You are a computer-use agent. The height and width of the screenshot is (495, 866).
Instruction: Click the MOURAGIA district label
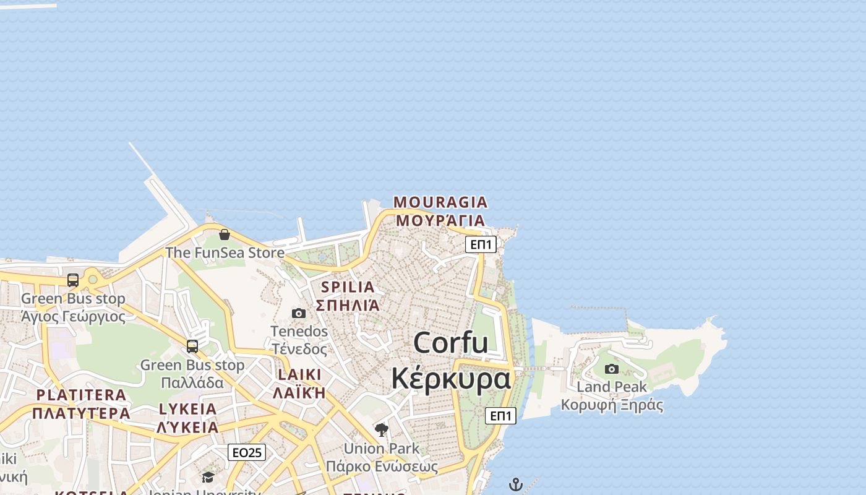440,202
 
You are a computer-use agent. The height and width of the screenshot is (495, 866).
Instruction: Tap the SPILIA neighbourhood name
348,287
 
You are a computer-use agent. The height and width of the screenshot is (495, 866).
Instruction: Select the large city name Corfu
451,343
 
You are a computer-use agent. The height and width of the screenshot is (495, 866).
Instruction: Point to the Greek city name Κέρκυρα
451,378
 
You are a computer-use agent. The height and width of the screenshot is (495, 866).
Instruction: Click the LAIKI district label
300,375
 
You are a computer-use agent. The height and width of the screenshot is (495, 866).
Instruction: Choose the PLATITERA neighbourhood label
81,395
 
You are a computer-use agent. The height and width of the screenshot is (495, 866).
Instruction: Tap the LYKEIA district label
188,409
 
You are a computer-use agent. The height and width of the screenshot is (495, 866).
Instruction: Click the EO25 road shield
247,452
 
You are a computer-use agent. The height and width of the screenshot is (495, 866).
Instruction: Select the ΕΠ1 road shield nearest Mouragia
481,244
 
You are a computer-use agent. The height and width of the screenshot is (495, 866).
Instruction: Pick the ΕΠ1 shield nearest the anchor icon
500,416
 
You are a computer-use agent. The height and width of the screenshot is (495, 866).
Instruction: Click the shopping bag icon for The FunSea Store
225,235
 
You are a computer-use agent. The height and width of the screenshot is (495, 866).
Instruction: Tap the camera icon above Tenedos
299,314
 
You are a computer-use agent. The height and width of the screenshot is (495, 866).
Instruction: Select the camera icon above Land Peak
612,369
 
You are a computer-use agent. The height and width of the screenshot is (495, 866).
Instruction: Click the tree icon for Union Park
382,429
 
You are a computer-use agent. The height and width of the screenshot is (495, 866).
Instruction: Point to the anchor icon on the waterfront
516,484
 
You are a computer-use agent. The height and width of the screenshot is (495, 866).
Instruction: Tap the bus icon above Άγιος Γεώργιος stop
73,280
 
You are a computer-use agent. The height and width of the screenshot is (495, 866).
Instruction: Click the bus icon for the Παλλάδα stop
192,346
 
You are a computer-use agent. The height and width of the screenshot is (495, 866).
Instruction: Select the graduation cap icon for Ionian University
208,477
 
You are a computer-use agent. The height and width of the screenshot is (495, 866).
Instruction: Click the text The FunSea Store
225,252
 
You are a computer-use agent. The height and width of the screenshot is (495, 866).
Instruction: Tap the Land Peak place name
612,387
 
